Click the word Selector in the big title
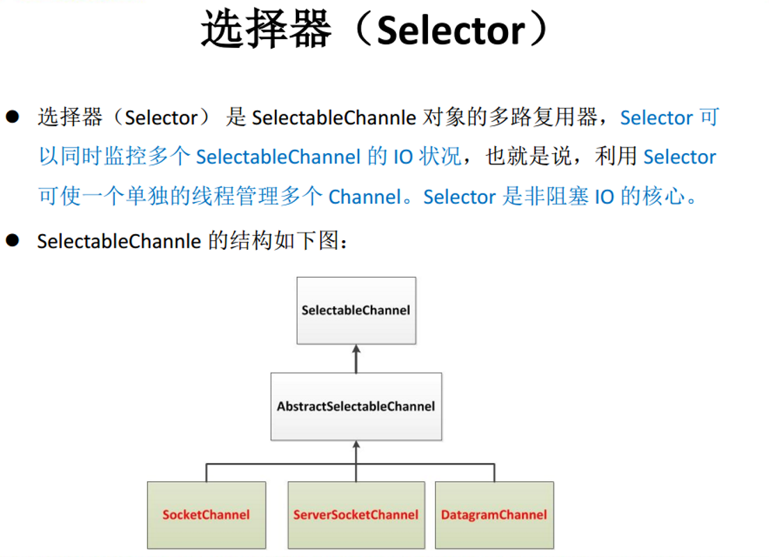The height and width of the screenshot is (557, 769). tap(451, 31)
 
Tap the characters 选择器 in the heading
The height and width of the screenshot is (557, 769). tap(264, 31)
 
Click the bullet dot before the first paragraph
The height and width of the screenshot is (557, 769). tap(12, 117)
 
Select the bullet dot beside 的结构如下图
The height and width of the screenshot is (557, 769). tap(12, 241)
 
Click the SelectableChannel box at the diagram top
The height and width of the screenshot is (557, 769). tap(356, 310)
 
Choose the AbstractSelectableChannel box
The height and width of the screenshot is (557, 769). tap(356, 406)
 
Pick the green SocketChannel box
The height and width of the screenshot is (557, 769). tap(206, 515)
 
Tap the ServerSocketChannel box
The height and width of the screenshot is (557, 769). tap(356, 515)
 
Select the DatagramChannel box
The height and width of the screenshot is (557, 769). tap(494, 515)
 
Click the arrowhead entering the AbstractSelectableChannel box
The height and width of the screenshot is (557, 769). tap(356, 446)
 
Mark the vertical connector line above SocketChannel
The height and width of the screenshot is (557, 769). tap(206, 472)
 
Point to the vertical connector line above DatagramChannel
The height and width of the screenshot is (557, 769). tap(494, 472)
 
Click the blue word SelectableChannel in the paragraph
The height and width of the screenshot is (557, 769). tap(278, 157)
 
